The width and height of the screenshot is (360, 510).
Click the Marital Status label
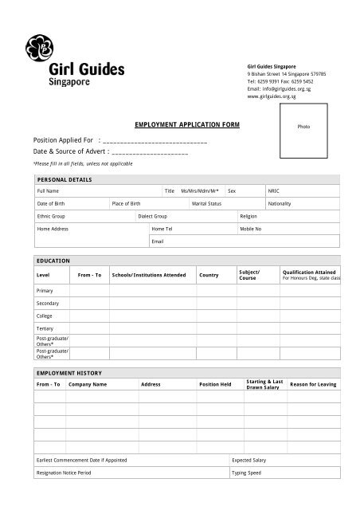pos(205,204)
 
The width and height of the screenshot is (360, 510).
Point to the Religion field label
pos(248,216)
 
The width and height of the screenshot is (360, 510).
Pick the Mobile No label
pos(251,229)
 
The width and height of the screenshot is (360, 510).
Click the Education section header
pos(53,261)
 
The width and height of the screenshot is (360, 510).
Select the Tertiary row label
pos(45,328)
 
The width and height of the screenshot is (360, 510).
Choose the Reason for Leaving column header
pos(313,385)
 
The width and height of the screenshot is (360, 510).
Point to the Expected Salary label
pos(248,461)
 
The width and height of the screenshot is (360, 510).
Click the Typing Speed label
pos(245,473)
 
